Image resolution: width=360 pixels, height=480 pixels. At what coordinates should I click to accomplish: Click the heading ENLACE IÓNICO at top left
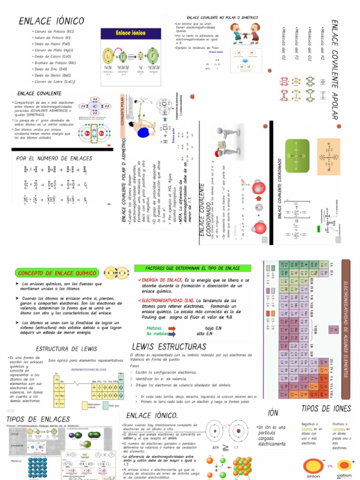[52, 21]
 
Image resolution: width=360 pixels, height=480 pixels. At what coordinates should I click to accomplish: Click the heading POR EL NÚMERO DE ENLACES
[54, 158]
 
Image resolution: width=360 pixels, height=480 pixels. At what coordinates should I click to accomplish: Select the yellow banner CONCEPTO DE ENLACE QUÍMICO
[57, 273]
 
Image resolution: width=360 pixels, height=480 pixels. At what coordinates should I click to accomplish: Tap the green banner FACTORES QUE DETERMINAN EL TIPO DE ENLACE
[187, 268]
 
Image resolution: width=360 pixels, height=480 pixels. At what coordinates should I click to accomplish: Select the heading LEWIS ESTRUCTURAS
[169, 347]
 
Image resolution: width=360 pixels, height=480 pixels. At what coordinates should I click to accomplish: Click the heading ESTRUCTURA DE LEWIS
[67, 349]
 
